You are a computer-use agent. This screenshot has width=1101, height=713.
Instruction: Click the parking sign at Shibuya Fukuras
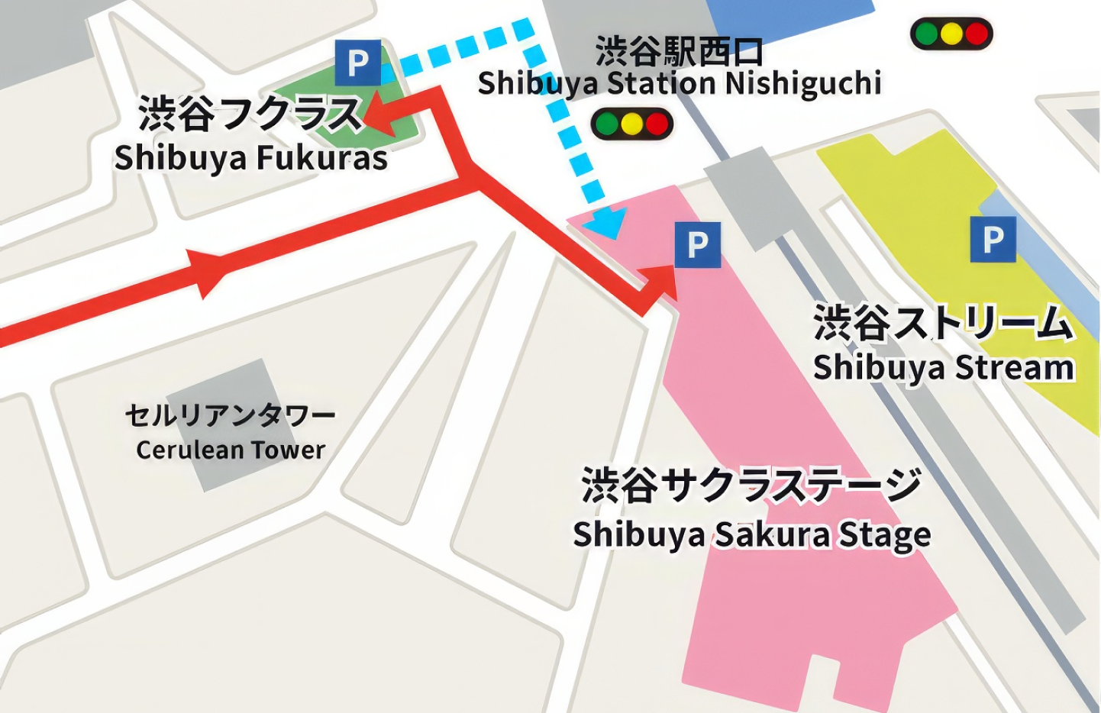(x=357, y=63)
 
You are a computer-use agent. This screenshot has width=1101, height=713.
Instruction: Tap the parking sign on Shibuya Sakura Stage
(x=697, y=245)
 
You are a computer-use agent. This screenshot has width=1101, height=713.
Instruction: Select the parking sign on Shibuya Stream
(x=993, y=239)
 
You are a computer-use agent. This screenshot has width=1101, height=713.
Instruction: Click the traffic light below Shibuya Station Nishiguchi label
(x=631, y=124)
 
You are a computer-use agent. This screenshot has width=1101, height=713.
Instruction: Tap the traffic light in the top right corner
(x=951, y=34)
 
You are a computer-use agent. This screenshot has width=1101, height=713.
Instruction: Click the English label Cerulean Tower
(x=231, y=450)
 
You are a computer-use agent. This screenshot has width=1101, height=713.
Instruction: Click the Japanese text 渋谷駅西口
(x=679, y=51)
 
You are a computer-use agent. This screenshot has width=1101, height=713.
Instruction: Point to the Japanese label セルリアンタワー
(x=230, y=415)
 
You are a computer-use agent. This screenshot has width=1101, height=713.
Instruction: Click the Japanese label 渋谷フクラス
(x=249, y=115)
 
